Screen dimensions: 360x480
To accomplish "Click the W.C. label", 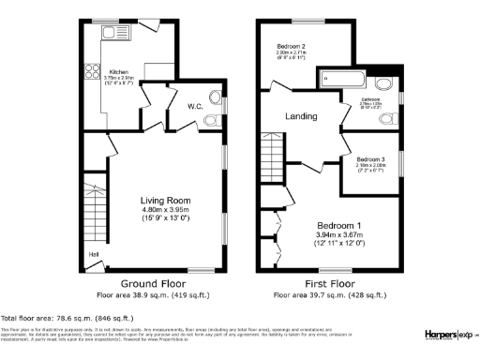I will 195,107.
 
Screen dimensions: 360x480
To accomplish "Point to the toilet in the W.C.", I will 212,117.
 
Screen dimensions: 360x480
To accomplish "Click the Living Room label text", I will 165,200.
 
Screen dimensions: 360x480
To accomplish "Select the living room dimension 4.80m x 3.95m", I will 165,210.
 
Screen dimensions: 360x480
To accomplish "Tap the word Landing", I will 301,117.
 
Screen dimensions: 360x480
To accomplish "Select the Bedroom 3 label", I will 371,160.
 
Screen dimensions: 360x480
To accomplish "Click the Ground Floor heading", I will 152,282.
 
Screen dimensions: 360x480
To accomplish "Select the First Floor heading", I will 329,282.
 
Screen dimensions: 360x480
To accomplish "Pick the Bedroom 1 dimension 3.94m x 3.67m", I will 338,236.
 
